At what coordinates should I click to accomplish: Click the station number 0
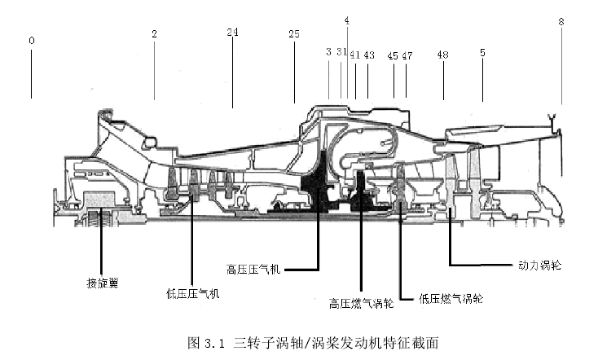(32, 41)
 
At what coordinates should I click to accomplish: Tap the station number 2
(154, 34)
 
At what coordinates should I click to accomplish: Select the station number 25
(294, 34)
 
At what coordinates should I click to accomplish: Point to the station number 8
(561, 22)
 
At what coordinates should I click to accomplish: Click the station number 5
(482, 53)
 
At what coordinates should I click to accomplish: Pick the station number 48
(442, 55)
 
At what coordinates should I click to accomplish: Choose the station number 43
(369, 55)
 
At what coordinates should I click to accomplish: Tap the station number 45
(393, 56)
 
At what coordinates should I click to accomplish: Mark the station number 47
(407, 56)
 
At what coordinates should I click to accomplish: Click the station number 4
(347, 20)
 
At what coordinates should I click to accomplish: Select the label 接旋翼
(102, 283)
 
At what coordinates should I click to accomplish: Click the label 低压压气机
(193, 294)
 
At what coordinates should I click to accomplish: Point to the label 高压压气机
(253, 270)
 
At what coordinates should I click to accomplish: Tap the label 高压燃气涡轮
(361, 303)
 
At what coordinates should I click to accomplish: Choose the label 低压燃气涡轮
(451, 298)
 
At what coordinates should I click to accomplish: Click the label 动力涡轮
(539, 265)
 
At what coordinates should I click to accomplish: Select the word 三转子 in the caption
(252, 343)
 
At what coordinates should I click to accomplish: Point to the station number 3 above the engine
(329, 52)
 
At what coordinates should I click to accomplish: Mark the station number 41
(355, 55)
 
